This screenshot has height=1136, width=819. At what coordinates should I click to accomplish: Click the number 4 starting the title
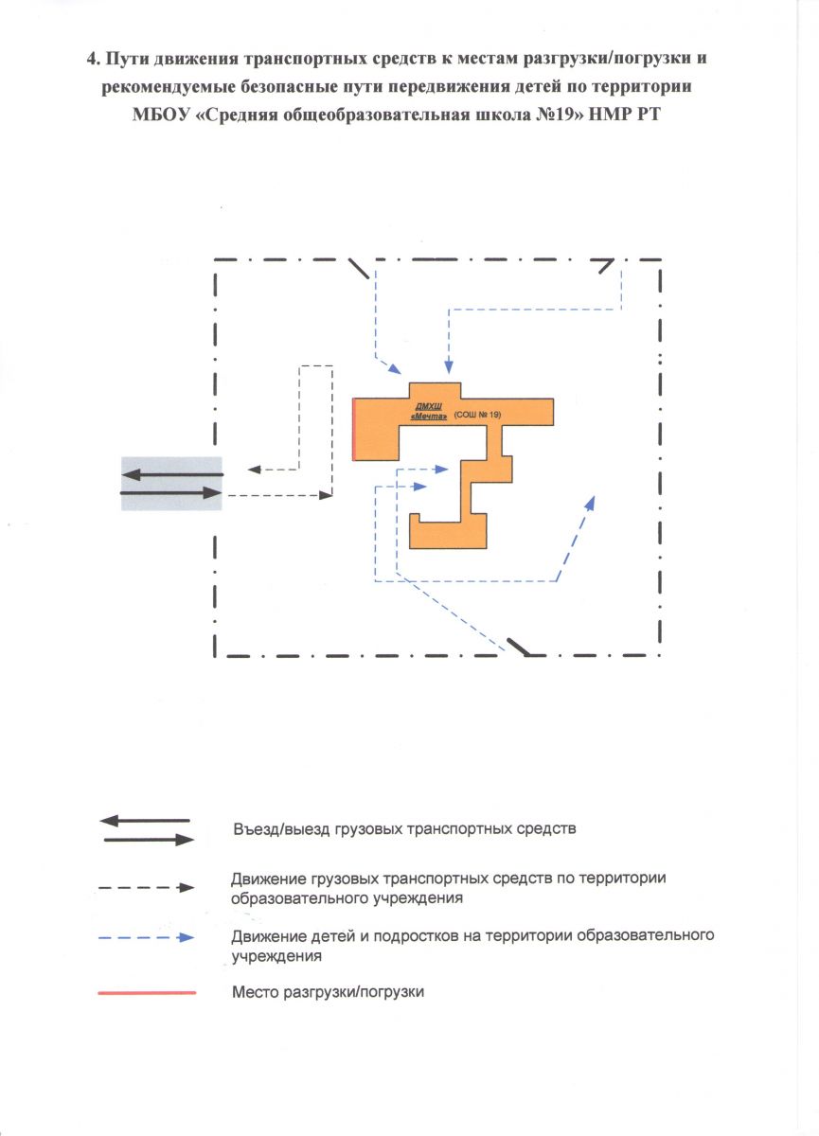pos(91,58)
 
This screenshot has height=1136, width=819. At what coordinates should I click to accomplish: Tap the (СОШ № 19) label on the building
pos(476,416)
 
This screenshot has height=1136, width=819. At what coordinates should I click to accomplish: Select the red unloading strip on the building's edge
pos(353,430)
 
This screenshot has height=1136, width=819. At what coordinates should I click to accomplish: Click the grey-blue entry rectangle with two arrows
pos(171,484)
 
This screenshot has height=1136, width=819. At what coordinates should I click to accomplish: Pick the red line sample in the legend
pos(147,992)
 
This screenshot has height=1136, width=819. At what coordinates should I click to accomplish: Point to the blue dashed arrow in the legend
pos(147,937)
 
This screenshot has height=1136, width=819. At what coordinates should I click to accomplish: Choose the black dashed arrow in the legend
pos(147,888)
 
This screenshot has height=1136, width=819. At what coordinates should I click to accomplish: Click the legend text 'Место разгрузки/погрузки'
pos(329,992)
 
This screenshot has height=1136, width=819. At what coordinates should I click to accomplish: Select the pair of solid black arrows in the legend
pos(147,829)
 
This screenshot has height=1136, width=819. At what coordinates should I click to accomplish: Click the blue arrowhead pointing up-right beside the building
pos(591,503)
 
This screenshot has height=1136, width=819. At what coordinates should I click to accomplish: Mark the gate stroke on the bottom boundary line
pos(518,646)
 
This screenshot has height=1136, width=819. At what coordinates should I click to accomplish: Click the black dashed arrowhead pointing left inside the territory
pos(253,469)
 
